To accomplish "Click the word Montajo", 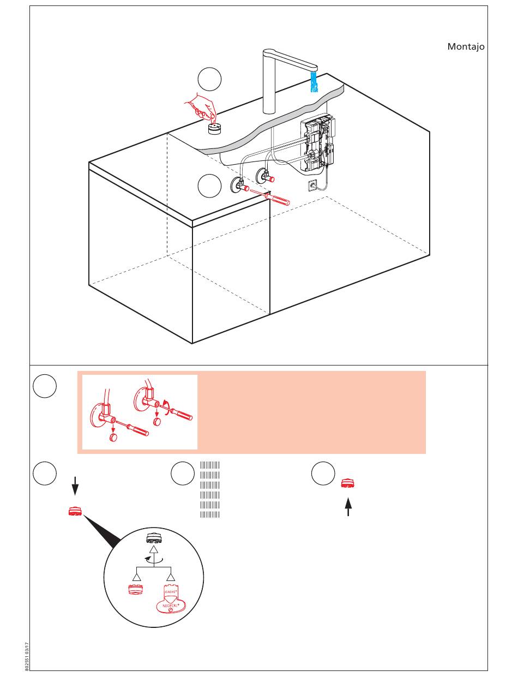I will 466,47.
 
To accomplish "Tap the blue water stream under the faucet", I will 314,82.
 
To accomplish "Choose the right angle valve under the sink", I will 264,176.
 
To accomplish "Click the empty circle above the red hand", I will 209,80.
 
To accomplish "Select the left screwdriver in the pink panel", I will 134,428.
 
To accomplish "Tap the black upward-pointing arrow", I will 347,507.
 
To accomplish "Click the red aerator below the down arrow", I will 75,512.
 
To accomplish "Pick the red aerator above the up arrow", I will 348,483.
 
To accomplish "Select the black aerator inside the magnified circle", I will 153,539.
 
